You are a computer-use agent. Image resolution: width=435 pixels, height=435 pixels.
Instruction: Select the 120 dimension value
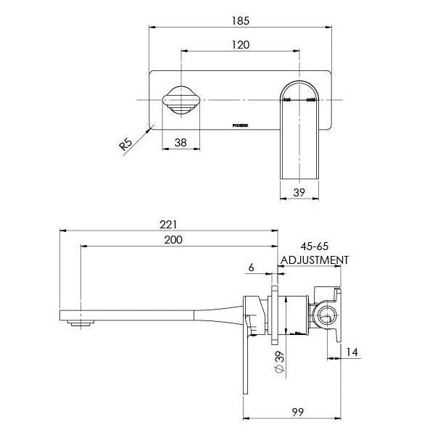pyautogui.click(x=241, y=45)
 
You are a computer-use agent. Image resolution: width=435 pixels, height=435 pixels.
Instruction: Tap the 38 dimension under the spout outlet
pyautogui.click(x=181, y=144)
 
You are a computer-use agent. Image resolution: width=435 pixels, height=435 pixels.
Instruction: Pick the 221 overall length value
pyautogui.click(x=168, y=225)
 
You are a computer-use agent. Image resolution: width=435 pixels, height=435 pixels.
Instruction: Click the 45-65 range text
pyautogui.click(x=312, y=246)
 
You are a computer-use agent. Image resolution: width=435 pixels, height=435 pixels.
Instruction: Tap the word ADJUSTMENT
pyautogui.click(x=315, y=260)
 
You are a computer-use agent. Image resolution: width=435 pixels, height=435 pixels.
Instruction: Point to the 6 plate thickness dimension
pyautogui.click(x=251, y=268)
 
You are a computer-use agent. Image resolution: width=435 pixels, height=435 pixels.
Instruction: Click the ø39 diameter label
pyautogui.click(x=278, y=362)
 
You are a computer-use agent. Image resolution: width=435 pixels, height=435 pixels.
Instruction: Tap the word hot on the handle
pyautogui.click(x=287, y=99)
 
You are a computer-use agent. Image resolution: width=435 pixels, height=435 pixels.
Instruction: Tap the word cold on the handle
pyautogui.click(x=310, y=99)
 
